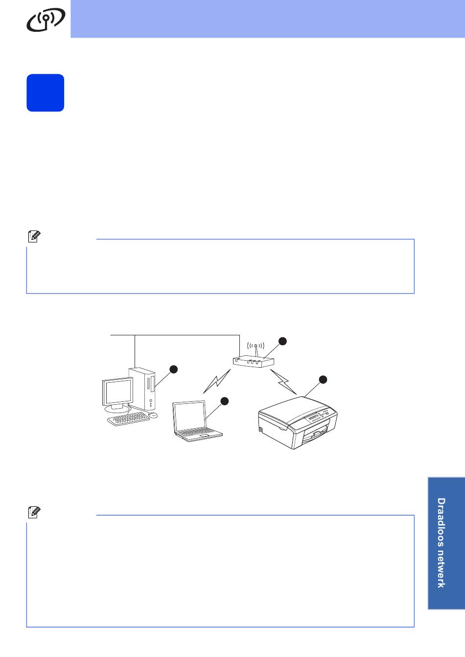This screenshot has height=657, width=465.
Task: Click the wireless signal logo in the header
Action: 46,20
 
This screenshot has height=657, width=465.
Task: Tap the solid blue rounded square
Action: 45,93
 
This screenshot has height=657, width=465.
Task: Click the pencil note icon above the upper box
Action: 34,237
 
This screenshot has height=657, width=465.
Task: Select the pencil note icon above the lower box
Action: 34,520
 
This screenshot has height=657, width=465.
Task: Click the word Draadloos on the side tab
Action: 441,522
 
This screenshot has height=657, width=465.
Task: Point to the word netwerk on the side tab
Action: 441,569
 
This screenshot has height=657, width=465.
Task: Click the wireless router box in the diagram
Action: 254,362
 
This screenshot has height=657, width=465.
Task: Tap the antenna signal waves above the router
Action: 256,346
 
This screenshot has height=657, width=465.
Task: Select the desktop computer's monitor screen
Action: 117,392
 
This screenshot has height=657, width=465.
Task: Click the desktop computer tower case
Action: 142,389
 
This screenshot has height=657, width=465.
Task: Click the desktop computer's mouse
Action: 153,415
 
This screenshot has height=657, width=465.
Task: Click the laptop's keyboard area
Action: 199,434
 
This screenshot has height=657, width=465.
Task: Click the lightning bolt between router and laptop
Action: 217,381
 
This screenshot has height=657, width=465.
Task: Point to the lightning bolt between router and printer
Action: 283,382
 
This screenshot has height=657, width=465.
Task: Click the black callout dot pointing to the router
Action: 282,341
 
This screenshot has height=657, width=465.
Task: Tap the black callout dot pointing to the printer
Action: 323,379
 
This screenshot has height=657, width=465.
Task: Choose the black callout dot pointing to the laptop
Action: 224,401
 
